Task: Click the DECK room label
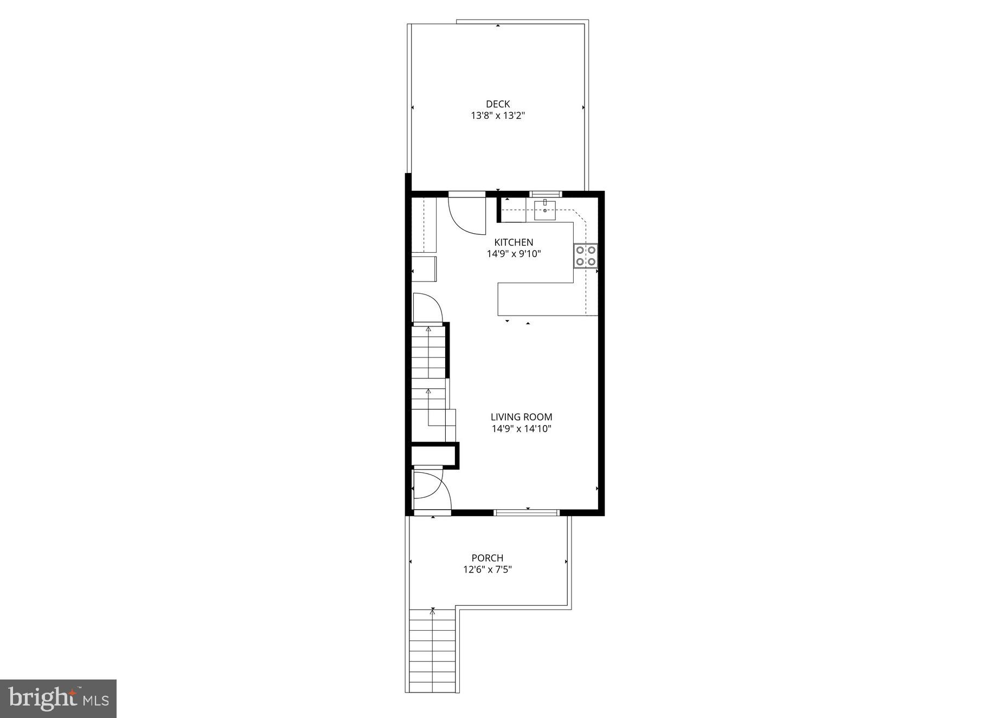(x=497, y=104)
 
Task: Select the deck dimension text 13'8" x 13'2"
(x=497, y=116)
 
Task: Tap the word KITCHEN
(x=514, y=242)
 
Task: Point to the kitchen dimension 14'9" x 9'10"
(x=514, y=254)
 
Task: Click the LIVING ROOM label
(x=521, y=417)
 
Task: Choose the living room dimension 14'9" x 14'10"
(x=521, y=429)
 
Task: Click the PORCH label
(x=487, y=558)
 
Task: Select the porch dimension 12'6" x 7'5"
(x=487, y=569)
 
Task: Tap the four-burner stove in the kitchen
(x=586, y=255)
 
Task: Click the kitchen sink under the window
(x=544, y=210)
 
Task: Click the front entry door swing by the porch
(x=432, y=490)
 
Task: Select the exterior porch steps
(x=432, y=656)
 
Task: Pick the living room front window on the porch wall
(x=527, y=512)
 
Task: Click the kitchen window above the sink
(x=546, y=194)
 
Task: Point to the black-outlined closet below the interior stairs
(x=434, y=455)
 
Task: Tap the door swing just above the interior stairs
(x=428, y=308)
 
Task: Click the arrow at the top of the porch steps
(x=432, y=612)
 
